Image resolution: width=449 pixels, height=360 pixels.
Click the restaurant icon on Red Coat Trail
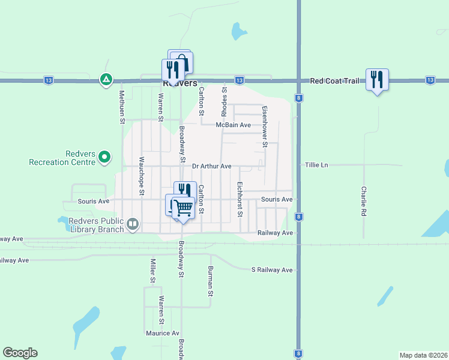pyautogui.click(x=377, y=80)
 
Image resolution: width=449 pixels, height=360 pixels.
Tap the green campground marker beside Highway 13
pyautogui.click(x=106, y=79)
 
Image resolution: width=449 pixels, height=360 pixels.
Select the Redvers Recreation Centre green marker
pyautogui.click(x=105, y=157)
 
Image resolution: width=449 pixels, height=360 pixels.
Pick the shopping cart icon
pyautogui.click(x=184, y=208)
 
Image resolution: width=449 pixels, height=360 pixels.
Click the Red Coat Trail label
pyautogui.click(x=335, y=80)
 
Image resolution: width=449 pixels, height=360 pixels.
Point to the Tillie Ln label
pyautogui.click(x=316, y=165)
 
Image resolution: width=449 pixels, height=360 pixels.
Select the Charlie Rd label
pyautogui.click(x=364, y=201)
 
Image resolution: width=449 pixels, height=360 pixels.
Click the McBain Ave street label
pyautogui.click(x=234, y=125)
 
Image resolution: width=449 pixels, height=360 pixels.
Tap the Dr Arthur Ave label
pyautogui.click(x=211, y=166)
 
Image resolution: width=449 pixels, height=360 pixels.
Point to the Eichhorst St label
pyautogui.click(x=240, y=199)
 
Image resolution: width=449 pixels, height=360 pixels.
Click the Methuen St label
pyautogui.click(x=121, y=107)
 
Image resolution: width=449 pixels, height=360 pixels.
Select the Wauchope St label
pyautogui.click(x=142, y=176)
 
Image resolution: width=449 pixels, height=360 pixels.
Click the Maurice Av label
pyautogui.click(x=162, y=333)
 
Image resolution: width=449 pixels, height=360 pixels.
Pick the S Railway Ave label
pyautogui.click(x=272, y=270)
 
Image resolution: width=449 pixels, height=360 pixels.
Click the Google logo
pyautogui.click(x=20, y=353)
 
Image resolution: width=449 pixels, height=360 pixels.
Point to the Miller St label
pyautogui.click(x=152, y=271)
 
